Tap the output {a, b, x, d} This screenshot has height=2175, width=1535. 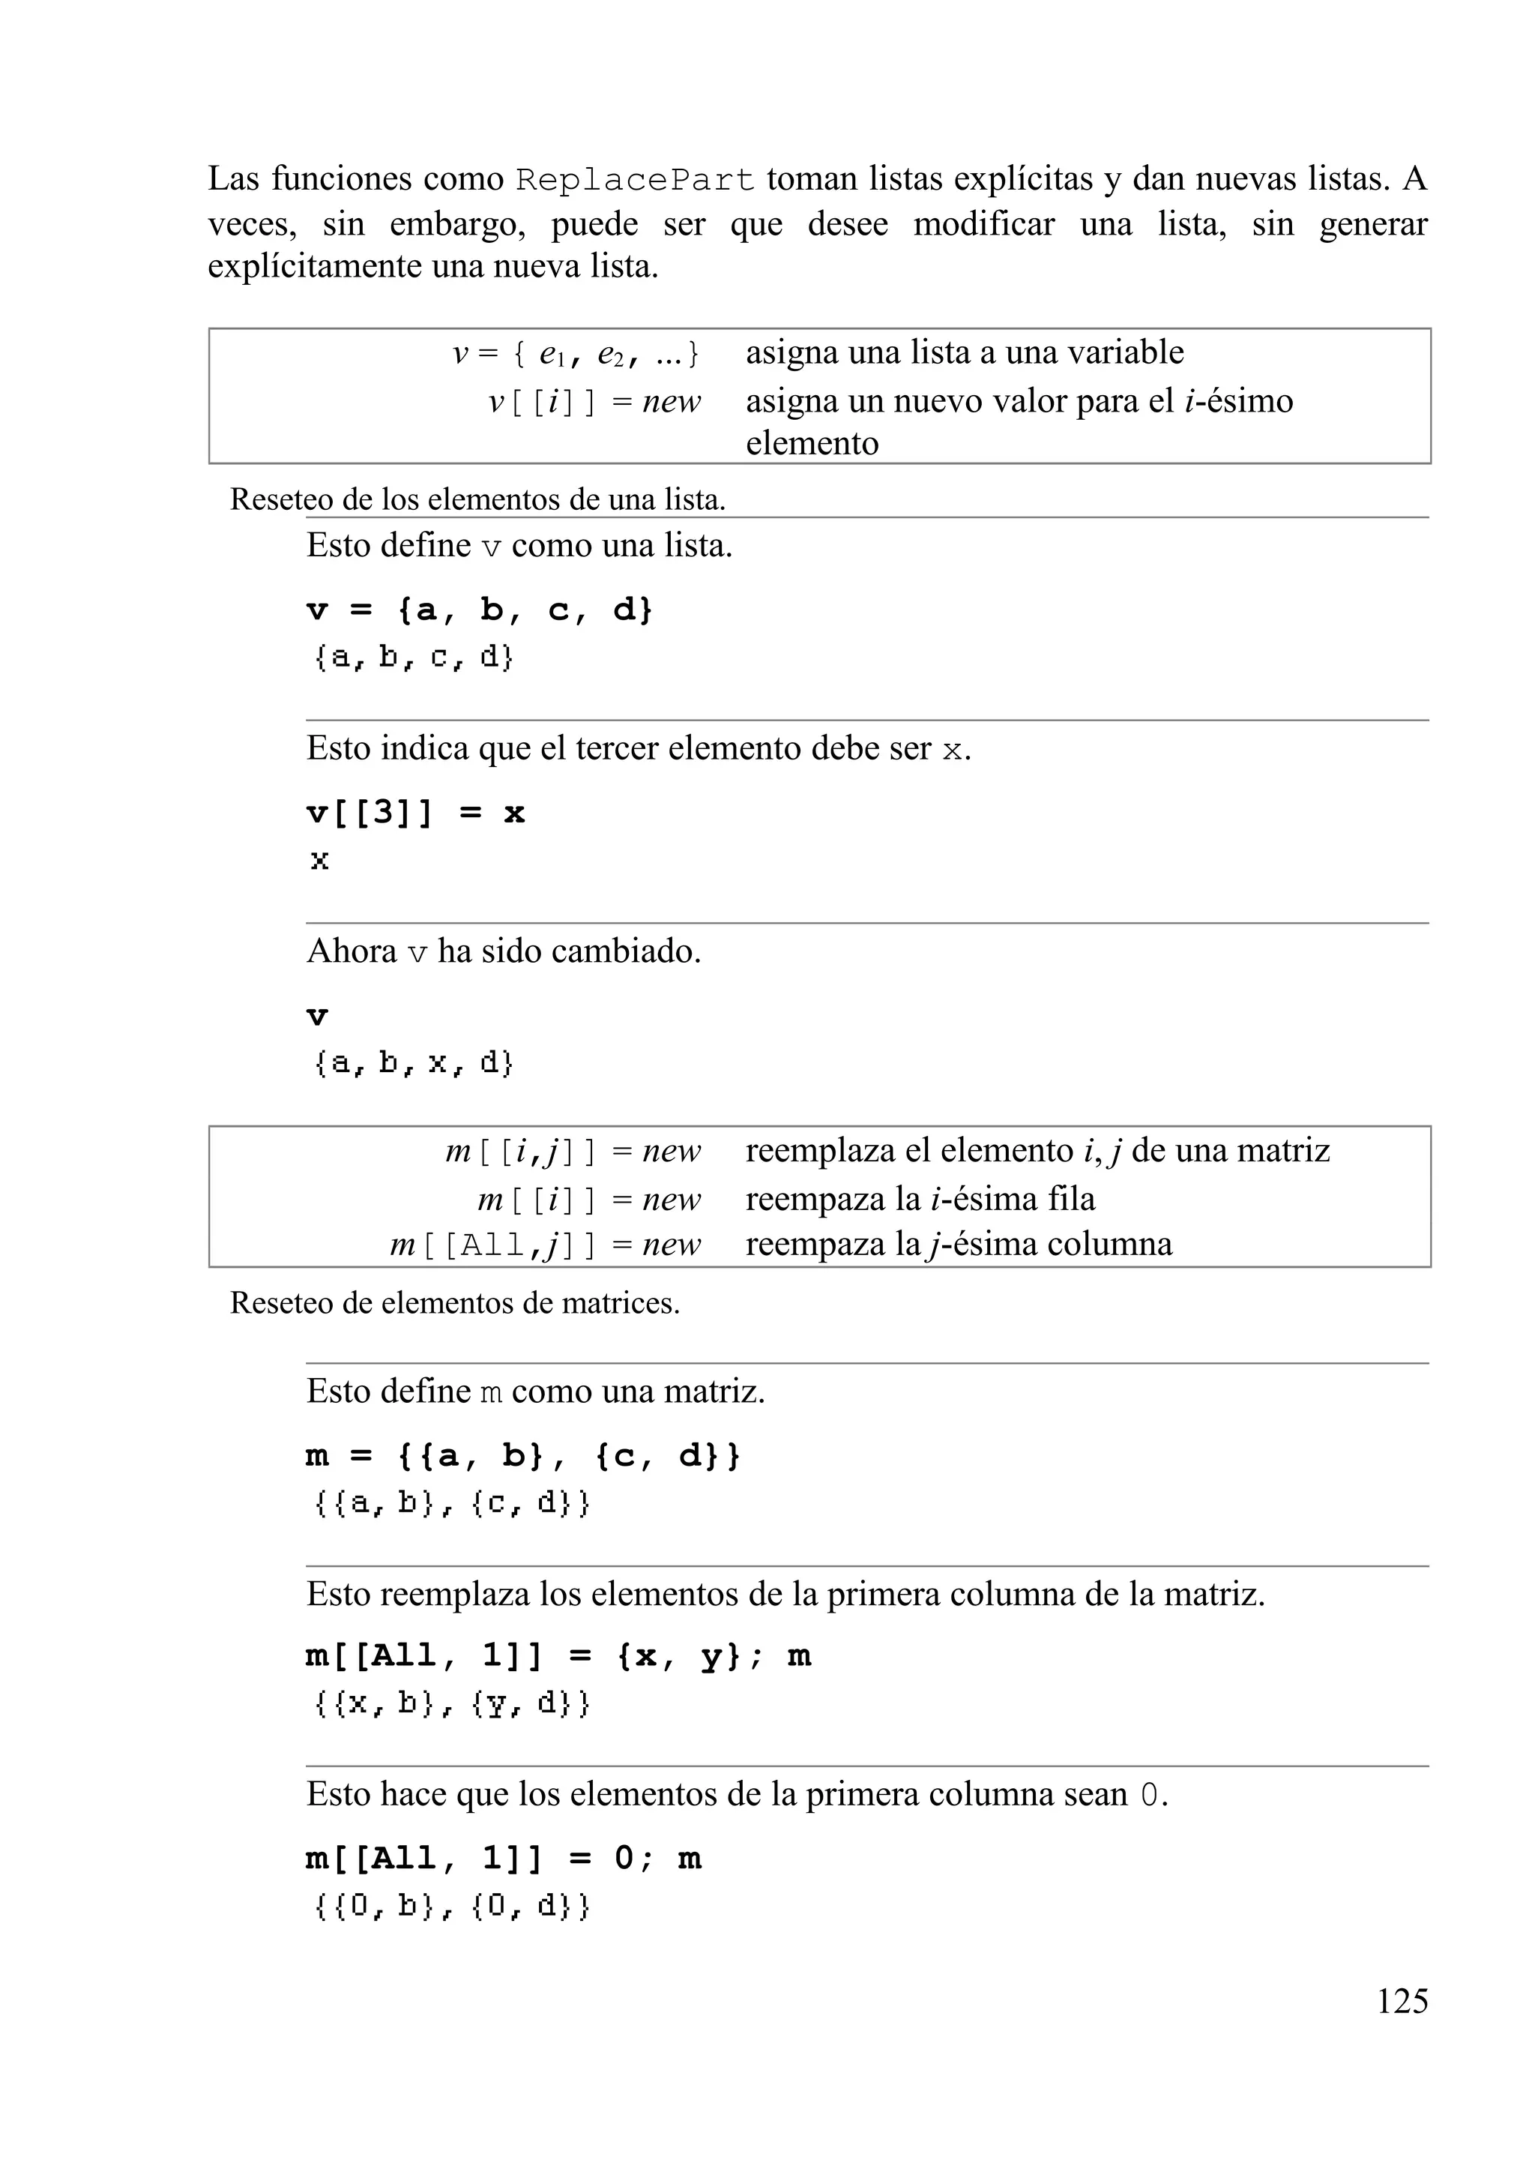tap(413, 1063)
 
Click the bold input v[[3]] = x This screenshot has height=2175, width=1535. tap(414, 813)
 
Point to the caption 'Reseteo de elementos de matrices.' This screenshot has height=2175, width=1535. tap(454, 1304)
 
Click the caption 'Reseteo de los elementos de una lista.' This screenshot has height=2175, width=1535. tap(477, 499)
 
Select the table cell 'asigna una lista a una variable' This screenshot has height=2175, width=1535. tap(964, 352)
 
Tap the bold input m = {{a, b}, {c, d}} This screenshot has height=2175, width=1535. tap(522, 1456)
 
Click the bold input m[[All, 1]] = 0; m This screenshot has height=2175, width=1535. tap(504, 1859)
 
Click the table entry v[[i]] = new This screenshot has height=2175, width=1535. tap(594, 402)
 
